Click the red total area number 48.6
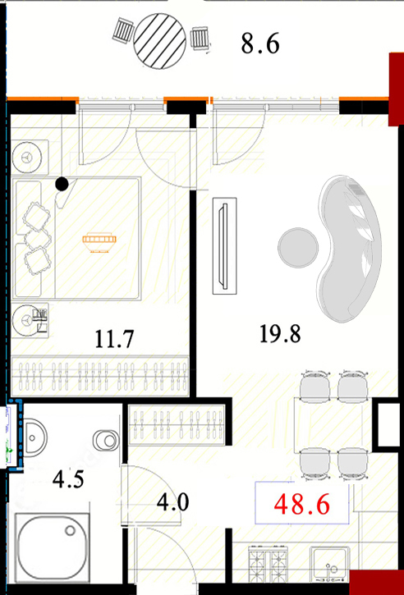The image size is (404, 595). pyautogui.click(x=301, y=504)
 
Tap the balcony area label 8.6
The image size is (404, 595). pyautogui.click(x=260, y=44)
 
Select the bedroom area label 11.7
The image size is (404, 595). pyautogui.click(x=114, y=339)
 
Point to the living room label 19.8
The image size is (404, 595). pyautogui.click(x=280, y=334)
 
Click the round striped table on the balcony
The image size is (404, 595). pyautogui.click(x=160, y=40)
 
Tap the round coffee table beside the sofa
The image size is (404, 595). pyautogui.click(x=298, y=247)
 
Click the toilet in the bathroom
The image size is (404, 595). pyautogui.click(x=106, y=441)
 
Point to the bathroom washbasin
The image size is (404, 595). pyautogui.click(x=35, y=437)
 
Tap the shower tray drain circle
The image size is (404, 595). pyautogui.click(x=70, y=530)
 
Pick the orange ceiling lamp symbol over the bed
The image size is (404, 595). pyautogui.click(x=99, y=242)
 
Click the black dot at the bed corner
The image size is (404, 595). pyautogui.click(x=62, y=184)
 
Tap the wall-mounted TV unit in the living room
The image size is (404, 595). pyautogui.click(x=225, y=246)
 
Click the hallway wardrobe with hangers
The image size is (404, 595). pyautogui.click(x=177, y=424)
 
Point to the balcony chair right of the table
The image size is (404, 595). pyautogui.click(x=200, y=39)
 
